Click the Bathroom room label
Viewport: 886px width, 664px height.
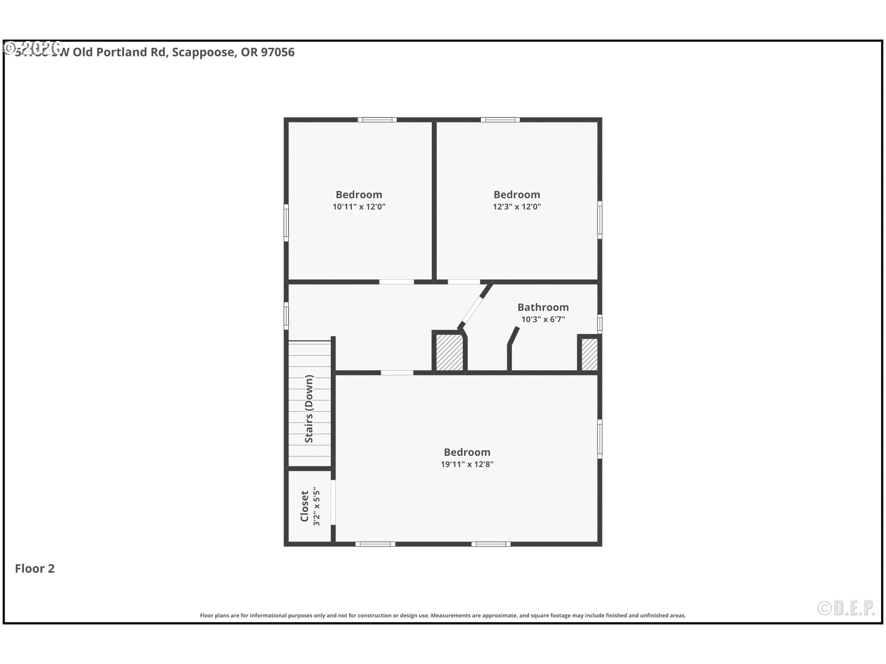click(543, 307)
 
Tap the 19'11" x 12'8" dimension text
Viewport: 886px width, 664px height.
click(467, 464)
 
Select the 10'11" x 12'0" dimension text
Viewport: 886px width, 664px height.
click(359, 207)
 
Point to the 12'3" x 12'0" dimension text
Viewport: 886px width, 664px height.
click(516, 207)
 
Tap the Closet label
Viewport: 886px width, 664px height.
click(305, 506)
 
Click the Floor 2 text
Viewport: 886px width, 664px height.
click(35, 568)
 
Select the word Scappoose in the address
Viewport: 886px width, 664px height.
click(203, 52)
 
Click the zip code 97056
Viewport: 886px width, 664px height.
click(277, 52)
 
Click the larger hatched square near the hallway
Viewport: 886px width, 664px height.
click(449, 352)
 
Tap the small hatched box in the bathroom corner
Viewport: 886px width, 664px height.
click(589, 354)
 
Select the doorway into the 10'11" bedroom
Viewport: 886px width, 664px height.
click(396, 282)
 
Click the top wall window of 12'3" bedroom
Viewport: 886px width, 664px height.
click(500, 120)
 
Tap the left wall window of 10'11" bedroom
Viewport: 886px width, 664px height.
click(286, 223)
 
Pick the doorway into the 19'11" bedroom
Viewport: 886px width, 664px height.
click(397, 372)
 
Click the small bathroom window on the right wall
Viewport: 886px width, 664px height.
click(599, 323)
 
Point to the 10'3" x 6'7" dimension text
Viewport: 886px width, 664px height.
click(543, 319)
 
